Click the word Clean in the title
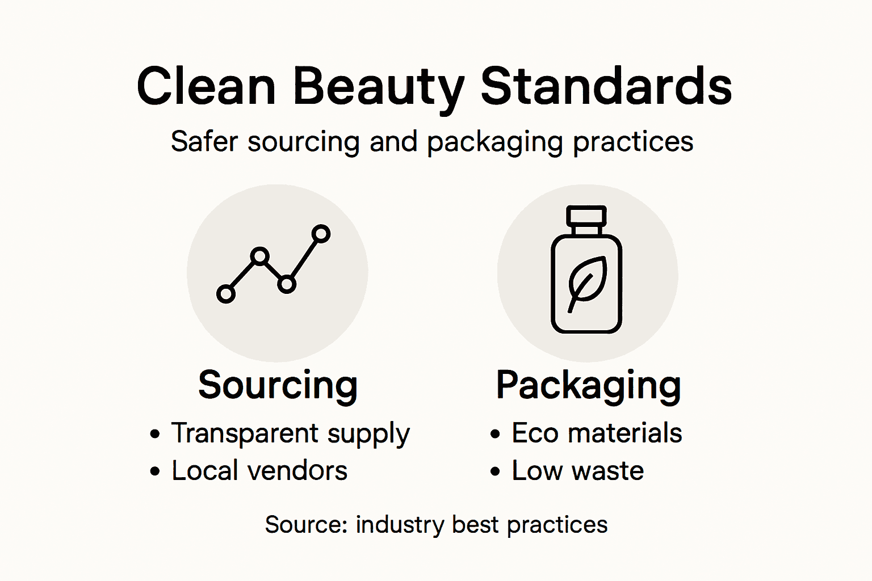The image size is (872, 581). click(206, 86)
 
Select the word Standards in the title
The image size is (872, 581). click(606, 86)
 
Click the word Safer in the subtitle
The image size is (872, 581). click(204, 141)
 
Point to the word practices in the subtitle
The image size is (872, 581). click(632, 142)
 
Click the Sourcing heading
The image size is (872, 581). click(278, 385)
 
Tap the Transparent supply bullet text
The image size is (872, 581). click(290, 434)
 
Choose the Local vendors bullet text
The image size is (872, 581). click(259, 471)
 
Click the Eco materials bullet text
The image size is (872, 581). click(597, 433)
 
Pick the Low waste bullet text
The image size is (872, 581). click(578, 471)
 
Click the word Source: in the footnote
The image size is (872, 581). click(306, 525)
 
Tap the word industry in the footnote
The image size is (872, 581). click(400, 525)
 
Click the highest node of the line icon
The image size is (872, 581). click(321, 234)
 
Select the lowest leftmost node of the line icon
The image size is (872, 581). click(226, 294)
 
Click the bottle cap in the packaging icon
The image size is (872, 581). click(587, 216)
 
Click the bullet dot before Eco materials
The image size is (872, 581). click(496, 435)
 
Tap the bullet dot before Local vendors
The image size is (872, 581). click(155, 471)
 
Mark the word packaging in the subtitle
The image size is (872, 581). click(495, 142)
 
